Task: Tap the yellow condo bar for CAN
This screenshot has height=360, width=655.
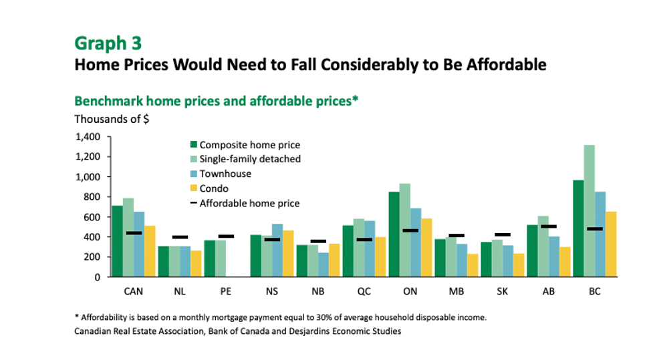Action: pyautogui.click(x=150, y=251)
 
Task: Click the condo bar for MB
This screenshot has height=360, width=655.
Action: pyautogui.click(x=473, y=265)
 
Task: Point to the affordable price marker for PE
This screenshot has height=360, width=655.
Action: pyautogui.click(x=226, y=236)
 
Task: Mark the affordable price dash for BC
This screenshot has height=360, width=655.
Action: pyautogui.click(x=594, y=229)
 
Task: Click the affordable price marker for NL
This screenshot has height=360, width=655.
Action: pyautogui.click(x=180, y=237)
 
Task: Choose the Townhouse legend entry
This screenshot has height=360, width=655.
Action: pyautogui.click(x=223, y=174)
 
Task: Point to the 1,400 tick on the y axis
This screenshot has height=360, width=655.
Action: pyautogui.click(x=87, y=137)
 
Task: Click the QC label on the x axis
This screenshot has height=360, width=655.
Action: pyautogui.click(x=364, y=291)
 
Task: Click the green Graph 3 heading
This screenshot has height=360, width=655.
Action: pyautogui.click(x=108, y=43)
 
